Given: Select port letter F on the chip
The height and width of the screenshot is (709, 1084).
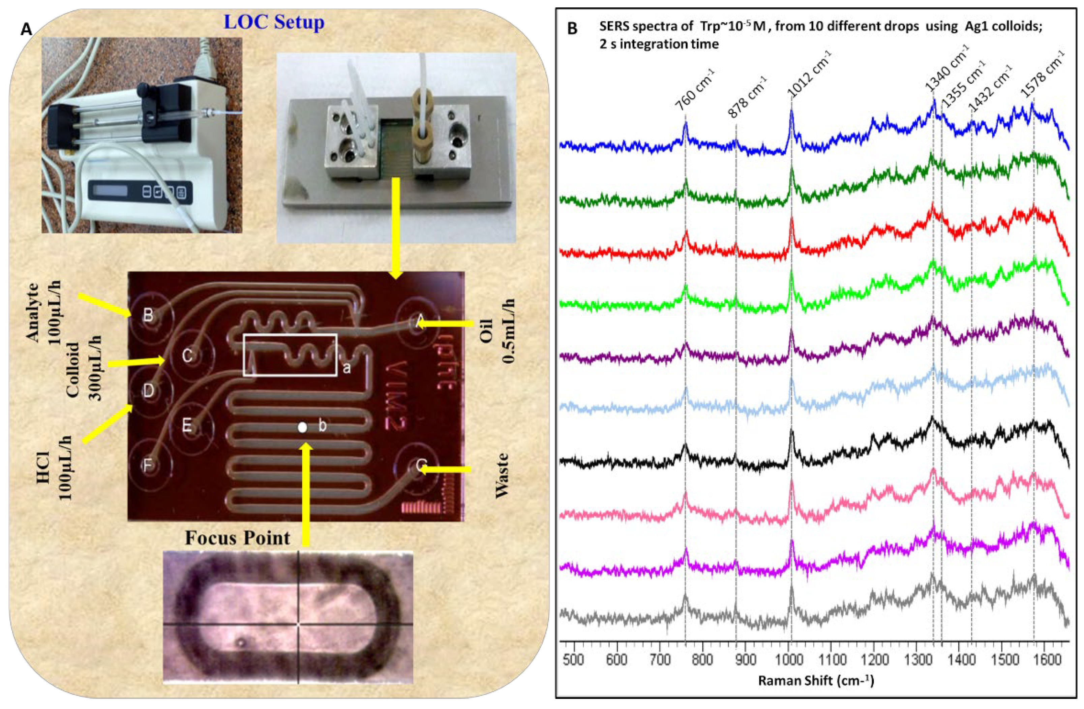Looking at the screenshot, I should pos(148,466).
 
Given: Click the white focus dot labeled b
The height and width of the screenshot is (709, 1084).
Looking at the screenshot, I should pos(302,427).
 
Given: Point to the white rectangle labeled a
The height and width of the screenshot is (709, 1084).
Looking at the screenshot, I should pos(290,355).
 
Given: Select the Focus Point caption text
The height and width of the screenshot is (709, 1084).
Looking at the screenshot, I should pos(237,538).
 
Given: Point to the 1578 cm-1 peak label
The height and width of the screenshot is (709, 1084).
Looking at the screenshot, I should pos(1043,74).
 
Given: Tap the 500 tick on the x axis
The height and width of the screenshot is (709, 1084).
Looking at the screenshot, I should pos(574,660).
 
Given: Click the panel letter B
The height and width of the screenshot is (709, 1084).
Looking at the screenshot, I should pos(572,29).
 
